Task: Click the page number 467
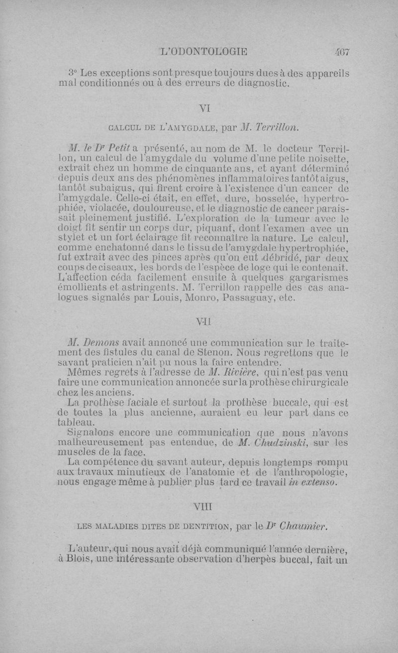click(343, 51)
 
